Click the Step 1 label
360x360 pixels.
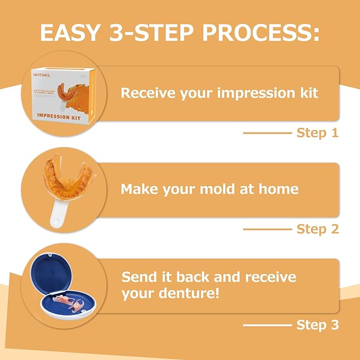[x=317, y=133]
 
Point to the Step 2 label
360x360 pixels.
[x=317, y=229]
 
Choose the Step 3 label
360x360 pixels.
[x=317, y=324]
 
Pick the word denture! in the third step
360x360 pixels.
[x=186, y=293]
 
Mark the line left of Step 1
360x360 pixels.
[x=267, y=133]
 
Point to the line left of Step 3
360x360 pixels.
[x=267, y=324]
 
